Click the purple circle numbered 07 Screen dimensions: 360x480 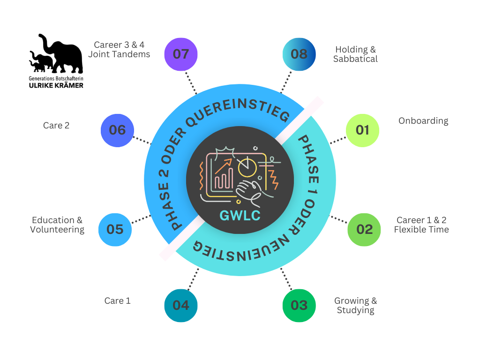pos(181,54)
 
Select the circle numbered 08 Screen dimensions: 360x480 pos(299,54)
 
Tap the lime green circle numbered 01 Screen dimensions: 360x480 pos(362,130)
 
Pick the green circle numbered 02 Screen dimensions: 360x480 pos(364,230)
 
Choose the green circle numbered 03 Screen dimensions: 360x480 pos(299,306)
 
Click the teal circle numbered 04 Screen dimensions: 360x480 pos(181,306)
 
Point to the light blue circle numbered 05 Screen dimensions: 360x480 pos(115,230)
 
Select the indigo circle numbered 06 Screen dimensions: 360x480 pos(118,130)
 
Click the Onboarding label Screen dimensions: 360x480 pos(423,121)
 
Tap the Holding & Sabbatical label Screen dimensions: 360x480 pos(355,54)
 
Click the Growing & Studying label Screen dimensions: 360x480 pos(355,306)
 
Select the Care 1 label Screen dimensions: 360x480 pos(117,301)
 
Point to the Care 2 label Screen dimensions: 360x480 pos(56,126)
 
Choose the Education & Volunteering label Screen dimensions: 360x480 pos(57,225)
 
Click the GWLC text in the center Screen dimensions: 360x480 pos(240,215)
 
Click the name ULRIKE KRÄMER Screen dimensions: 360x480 pos(56,85)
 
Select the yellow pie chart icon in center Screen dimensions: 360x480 pos(247,166)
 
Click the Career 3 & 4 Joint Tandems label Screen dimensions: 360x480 pos(119,50)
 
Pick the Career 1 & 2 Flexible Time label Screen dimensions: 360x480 pos(421,225)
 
